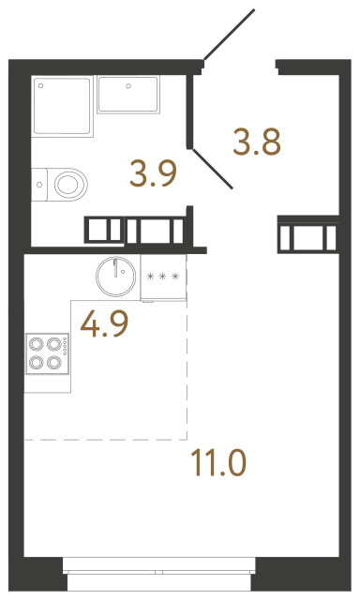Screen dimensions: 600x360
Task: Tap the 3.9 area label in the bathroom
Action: pos(152,173)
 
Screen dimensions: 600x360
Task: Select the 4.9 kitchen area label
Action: pos(104,323)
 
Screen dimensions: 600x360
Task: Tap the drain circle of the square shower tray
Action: pos(42,85)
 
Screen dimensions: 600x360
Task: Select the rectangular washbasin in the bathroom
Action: pos(127,95)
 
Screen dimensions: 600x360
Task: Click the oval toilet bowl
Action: pos(69,182)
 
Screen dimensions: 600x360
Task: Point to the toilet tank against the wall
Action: pos(38,182)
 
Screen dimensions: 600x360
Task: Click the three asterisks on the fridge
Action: pos(163,277)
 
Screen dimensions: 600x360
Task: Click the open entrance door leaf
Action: pos(229,36)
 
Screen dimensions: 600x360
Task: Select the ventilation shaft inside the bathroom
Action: pos(137,231)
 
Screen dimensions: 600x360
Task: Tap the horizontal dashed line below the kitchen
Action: pos(104,439)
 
